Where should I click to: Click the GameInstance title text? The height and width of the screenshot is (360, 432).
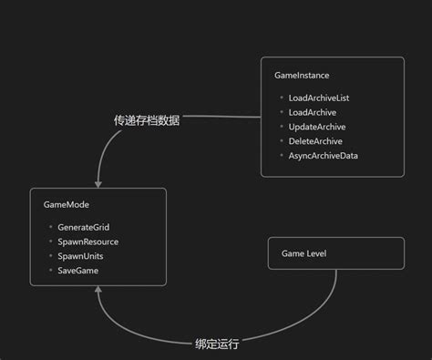tap(301, 75)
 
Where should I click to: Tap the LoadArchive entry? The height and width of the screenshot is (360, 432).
tap(313, 112)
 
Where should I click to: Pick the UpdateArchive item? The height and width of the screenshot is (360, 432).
tap(316, 127)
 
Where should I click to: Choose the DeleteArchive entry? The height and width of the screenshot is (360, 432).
tap(314, 141)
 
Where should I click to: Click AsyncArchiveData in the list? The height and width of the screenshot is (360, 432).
tap(323, 156)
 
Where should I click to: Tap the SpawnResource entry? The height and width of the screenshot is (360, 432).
tap(87, 242)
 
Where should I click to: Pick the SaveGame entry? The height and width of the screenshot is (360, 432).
tap(77, 271)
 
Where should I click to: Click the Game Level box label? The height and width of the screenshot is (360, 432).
tap(303, 253)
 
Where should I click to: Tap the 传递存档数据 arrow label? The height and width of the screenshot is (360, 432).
tap(146, 120)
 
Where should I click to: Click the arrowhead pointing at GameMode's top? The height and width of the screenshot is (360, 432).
tap(98, 182)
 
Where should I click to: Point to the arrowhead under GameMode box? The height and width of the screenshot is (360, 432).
tap(98, 292)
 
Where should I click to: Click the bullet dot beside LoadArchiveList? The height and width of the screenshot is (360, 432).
tap(281, 98)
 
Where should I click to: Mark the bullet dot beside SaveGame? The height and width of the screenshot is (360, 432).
tap(50, 271)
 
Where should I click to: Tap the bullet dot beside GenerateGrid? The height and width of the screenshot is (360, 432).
tap(50, 227)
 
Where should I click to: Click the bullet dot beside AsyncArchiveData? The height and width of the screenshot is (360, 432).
tap(281, 156)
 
